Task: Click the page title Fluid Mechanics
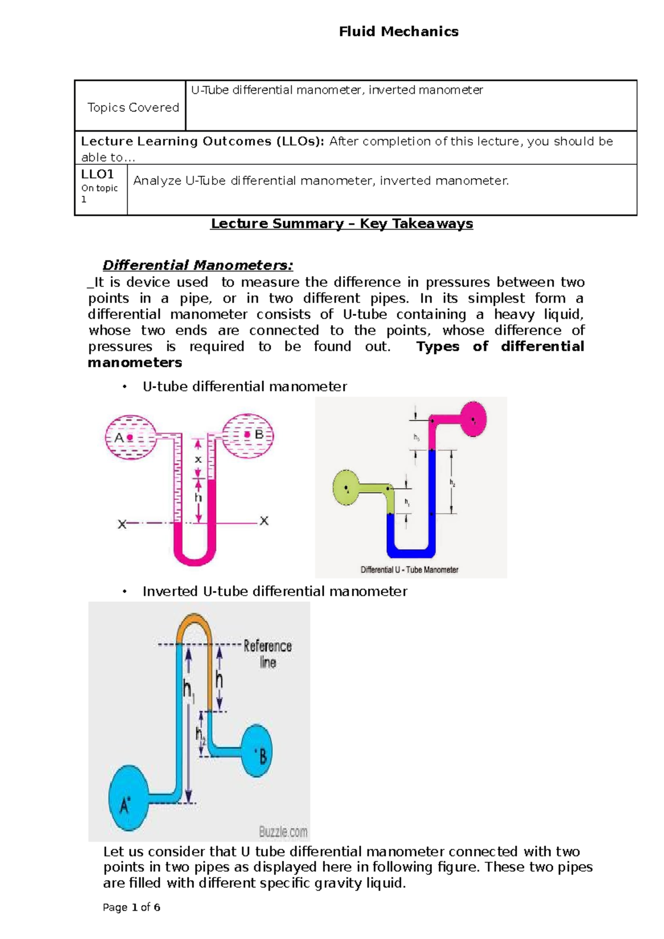(398, 32)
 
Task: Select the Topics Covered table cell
(133, 107)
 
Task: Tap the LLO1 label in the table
(97, 174)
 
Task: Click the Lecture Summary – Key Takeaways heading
(341, 223)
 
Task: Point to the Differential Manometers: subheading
(198, 265)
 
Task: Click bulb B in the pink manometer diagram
(248, 435)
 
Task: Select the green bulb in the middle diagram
(346, 487)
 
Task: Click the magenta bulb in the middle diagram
(473, 419)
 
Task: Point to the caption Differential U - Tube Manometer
(409, 570)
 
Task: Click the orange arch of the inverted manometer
(194, 625)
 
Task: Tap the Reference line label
(268, 654)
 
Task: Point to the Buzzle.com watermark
(283, 831)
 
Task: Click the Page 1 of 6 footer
(132, 907)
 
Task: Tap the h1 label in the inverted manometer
(189, 691)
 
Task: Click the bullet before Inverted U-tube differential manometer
(126, 592)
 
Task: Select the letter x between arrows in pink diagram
(198, 460)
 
